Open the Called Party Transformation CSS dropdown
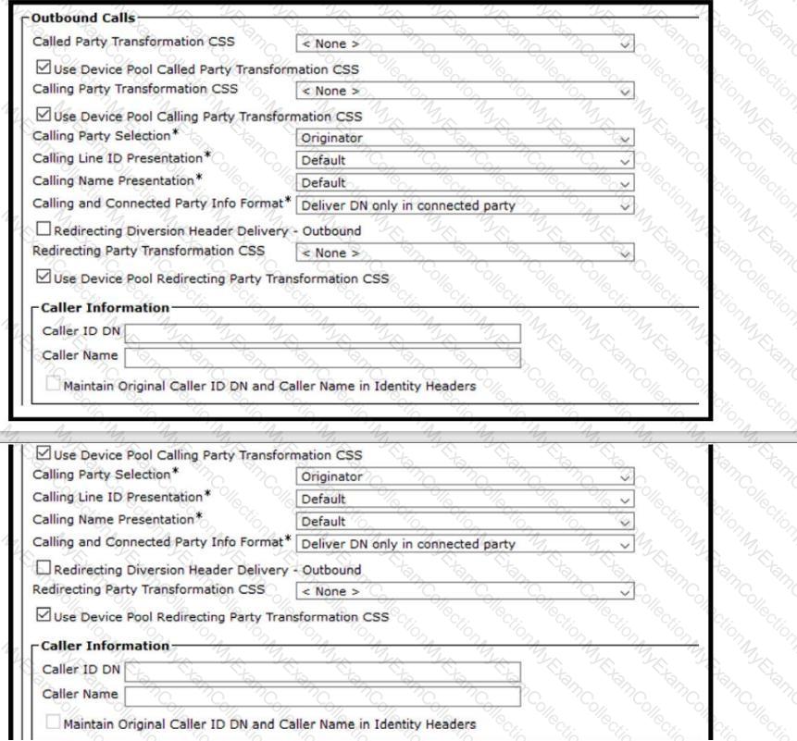465,43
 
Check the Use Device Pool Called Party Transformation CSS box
42,68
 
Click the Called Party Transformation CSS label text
133,42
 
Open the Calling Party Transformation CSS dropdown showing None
465,92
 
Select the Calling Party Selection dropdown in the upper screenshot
465,138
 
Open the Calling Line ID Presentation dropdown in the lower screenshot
465,499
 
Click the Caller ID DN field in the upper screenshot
322,333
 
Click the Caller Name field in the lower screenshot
322,695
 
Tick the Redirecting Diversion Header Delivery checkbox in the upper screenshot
42,230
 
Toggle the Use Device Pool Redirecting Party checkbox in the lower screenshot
42,616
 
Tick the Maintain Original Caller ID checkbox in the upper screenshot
54,386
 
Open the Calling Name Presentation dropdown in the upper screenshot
465,182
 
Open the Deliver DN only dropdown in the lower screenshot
465,544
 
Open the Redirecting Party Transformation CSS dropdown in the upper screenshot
465,253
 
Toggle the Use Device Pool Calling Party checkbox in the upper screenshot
42,117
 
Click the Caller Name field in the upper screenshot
322,356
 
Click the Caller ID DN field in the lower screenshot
322,671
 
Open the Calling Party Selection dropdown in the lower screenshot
465,476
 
